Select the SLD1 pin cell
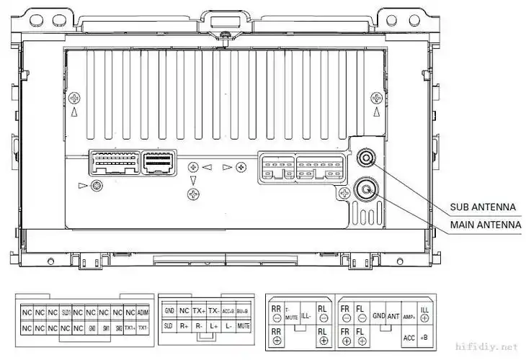click(x=66, y=313)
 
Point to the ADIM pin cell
click(x=143, y=313)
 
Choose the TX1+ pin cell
click(x=130, y=328)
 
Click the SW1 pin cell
click(x=104, y=328)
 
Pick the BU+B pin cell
click(x=243, y=311)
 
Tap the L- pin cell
click(x=228, y=326)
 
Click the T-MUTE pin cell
click(x=291, y=312)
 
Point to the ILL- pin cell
click(x=306, y=314)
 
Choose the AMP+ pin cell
click(x=409, y=316)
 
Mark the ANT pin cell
click(x=393, y=316)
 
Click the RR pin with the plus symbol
click(x=277, y=336)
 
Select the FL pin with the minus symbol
click(x=360, y=312)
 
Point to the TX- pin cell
click(x=213, y=311)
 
